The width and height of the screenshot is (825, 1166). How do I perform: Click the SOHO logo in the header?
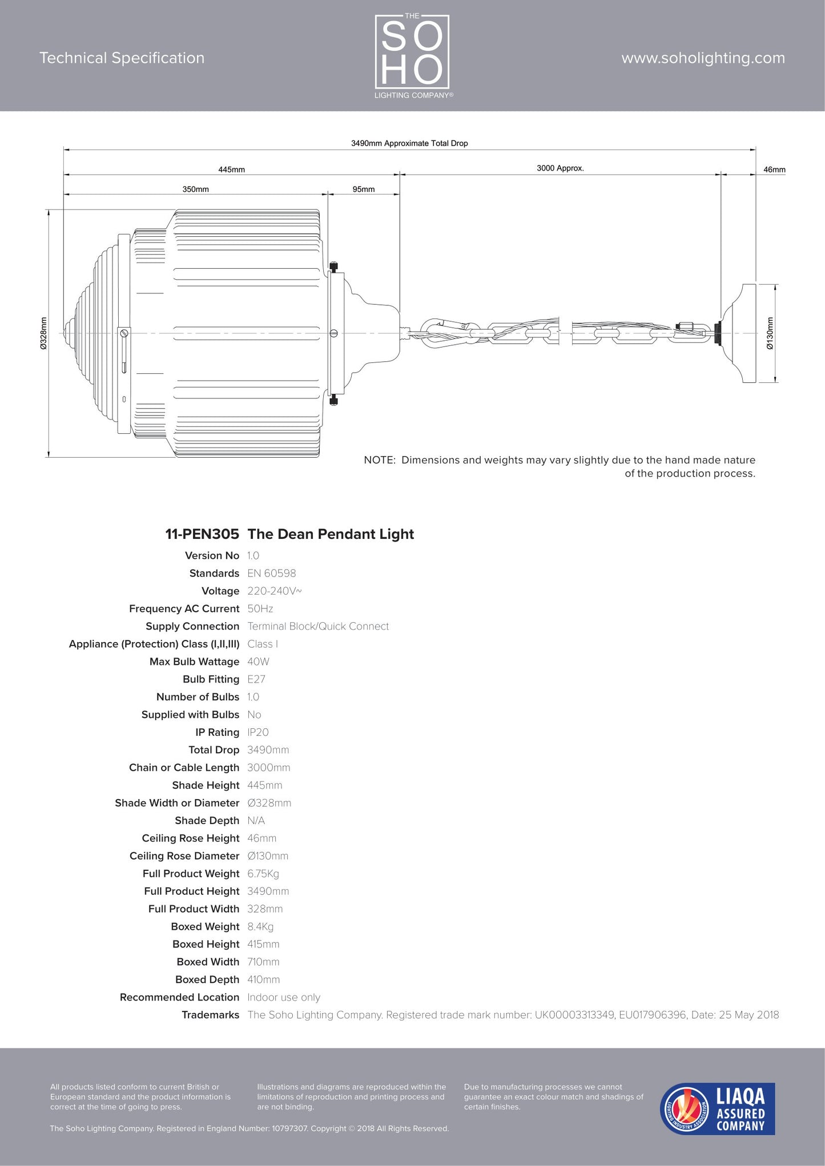click(x=412, y=55)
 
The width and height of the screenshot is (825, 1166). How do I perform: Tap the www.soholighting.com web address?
click(x=703, y=58)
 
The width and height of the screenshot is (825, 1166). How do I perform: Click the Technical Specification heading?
click(x=122, y=58)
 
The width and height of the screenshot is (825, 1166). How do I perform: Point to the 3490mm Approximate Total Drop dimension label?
click(x=409, y=143)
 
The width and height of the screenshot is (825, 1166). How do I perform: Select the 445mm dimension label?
click(x=231, y=170)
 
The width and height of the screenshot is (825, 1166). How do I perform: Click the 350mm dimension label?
click(x=195, y=189)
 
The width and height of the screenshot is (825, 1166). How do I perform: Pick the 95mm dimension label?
click(x=364, y=189)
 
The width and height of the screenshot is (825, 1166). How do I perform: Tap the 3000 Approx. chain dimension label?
click(x=560, y=168)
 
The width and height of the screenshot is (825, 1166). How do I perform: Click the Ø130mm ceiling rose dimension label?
click(x=770, y=333)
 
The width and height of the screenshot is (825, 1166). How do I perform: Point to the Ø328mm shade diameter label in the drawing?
click(x=43, y=333)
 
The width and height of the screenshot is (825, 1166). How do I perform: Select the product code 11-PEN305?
click(x=202, y=534)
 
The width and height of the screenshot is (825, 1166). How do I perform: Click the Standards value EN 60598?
click(x=272, y=573)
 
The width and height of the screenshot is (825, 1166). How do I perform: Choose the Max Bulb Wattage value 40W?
click(x=258, y=661)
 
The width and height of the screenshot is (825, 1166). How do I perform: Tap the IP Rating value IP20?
click(x=258, y=732)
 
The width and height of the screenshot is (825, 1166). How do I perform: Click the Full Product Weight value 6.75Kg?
click(x=263, y=873)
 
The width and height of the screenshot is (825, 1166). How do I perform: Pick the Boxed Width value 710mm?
click(x=263, y=962)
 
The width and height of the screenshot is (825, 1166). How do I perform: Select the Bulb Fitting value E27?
click(x=256, y=679)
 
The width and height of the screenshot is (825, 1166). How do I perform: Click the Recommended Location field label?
click(x=179, y=997)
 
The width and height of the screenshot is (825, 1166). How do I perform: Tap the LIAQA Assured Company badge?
click(x=718, y=1108)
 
